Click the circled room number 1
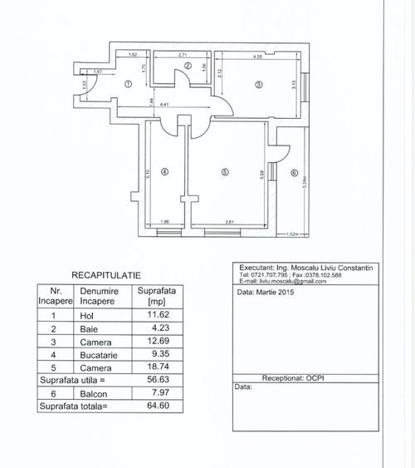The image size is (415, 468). [128, 84]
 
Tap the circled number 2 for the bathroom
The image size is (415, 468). [188, 67]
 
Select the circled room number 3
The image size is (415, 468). [258, 84]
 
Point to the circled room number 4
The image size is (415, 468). [164, 172]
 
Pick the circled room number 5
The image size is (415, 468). [225, 172]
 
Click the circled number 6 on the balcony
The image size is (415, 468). [294, 174]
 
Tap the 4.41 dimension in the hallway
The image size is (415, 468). [165, 104]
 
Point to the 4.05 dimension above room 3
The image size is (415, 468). [258, 56]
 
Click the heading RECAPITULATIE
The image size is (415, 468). [105, 273]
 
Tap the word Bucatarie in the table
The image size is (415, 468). [99, 354]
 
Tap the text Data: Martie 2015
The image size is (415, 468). [265, 293]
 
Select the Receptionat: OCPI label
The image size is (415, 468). [302, 377]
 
